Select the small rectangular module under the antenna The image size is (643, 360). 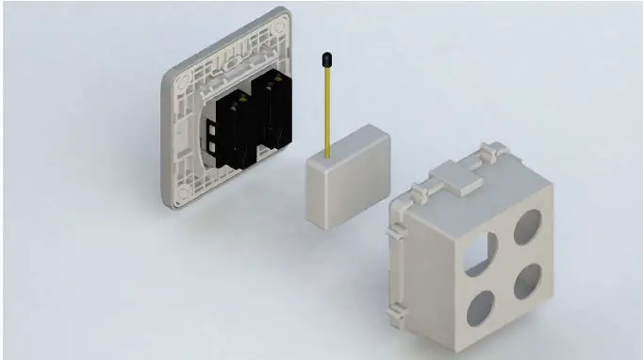click(346, 179)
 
